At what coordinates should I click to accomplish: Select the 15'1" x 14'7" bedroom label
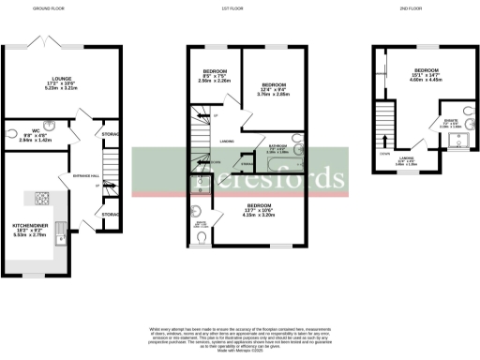[x=427, y=75]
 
